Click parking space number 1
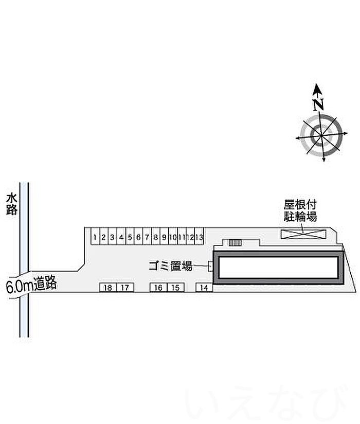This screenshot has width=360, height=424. click(x=95, y=237)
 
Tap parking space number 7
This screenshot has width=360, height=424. click(x=147, y=237)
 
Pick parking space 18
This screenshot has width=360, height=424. click(x=107, y=288)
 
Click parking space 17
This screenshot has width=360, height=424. click(x=124, y=288)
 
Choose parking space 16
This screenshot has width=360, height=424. click(x=158, y=288)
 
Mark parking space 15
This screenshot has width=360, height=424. click(x=175, y=288)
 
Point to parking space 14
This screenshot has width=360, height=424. click(x=204, y=288)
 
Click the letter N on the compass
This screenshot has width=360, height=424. click(x=319, y=104)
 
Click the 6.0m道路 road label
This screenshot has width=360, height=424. click(x=31, y=286)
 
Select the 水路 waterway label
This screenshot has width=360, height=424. click(x=12, y=204)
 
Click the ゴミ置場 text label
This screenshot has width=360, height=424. click(x=170, y=267)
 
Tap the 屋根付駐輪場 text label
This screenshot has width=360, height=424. click(x=300, y=210)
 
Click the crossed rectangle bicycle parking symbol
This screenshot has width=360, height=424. click(x=303, y=234)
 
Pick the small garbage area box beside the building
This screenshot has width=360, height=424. click(x=210, y=266)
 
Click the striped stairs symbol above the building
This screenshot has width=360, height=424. click(x=235, y=242)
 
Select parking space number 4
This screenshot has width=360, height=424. click(x=121, y=237)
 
